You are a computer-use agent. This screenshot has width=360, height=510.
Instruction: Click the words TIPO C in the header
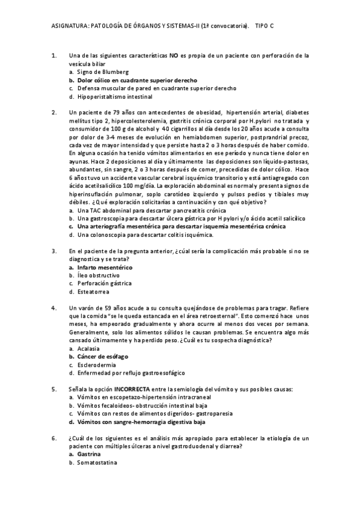pos(264,26)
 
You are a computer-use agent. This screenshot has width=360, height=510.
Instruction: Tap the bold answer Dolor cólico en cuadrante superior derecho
pos(136,80)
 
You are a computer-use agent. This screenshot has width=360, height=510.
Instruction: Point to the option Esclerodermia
pos(97,364)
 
